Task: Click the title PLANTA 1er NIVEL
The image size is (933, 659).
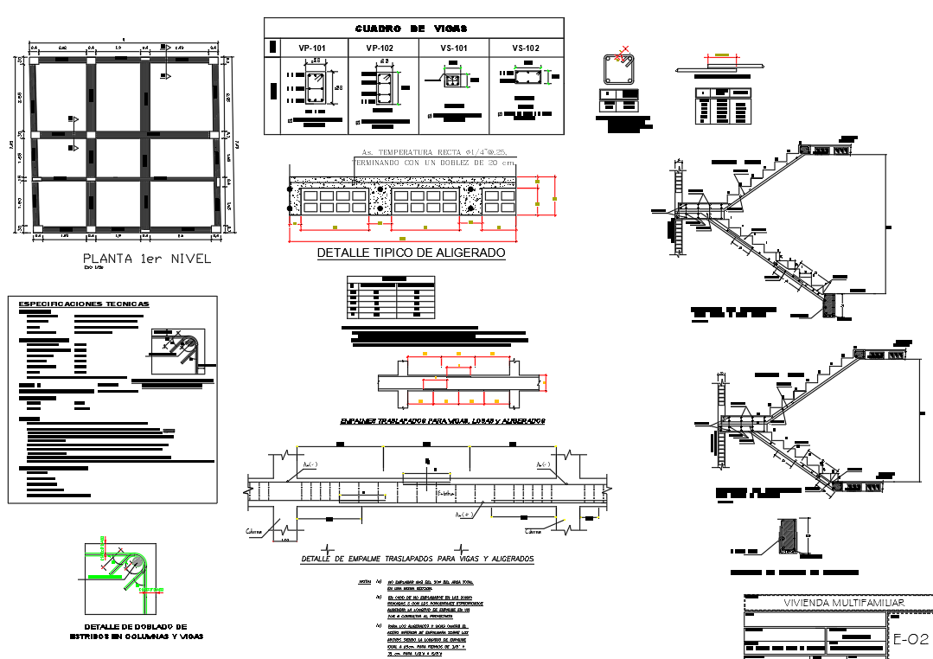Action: click(146, 259)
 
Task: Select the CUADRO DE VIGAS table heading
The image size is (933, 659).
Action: click(412, 29)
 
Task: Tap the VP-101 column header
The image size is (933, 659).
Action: click(311, 48)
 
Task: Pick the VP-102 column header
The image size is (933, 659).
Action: click(380, 48)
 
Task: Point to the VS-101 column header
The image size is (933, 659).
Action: click(454, 48)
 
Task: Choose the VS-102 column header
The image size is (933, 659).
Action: click(525, 48)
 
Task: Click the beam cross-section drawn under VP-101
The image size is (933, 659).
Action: click(316, 87)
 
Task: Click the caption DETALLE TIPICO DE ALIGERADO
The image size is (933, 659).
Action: click(411, 253)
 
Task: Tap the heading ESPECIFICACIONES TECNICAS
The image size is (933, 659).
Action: click(84, 304)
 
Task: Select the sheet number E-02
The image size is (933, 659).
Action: click(910, 640)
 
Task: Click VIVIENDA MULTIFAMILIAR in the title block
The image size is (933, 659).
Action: click(836, 602)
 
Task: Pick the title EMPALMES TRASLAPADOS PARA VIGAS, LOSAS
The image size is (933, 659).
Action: click(443, 421)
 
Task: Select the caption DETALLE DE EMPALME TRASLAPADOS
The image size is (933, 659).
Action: click(417, 560)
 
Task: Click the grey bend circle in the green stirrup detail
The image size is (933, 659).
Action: click(136, 563)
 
